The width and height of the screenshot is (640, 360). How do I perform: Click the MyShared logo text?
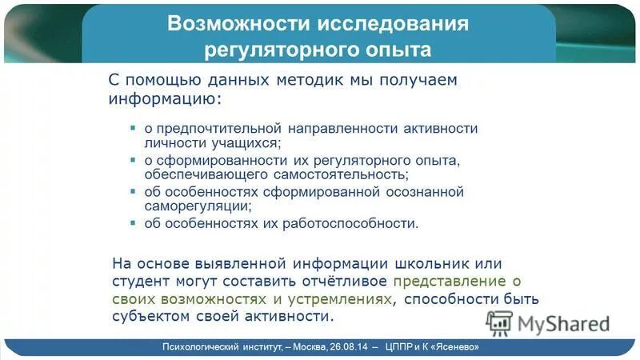563,322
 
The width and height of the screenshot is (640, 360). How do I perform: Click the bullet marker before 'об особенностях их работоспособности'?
133,222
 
